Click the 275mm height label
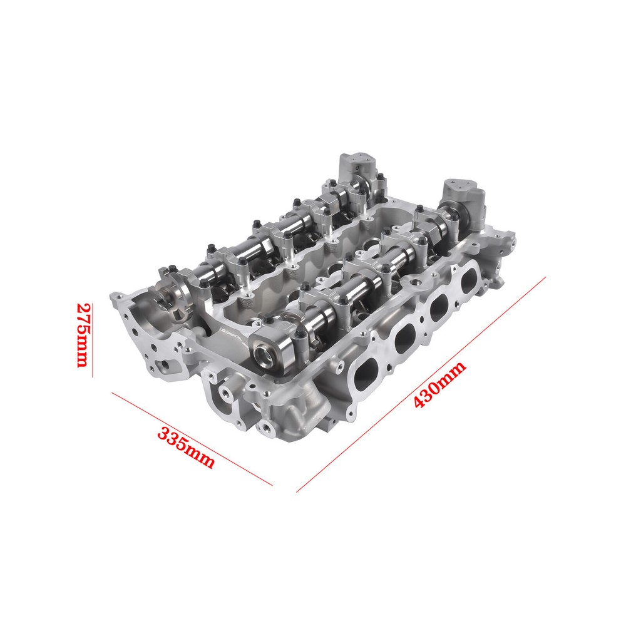[x=82, y=336]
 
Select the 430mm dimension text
[x=439, y=384]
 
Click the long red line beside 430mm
[x=421, y=384]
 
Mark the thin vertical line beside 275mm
[x=93, y=340]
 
